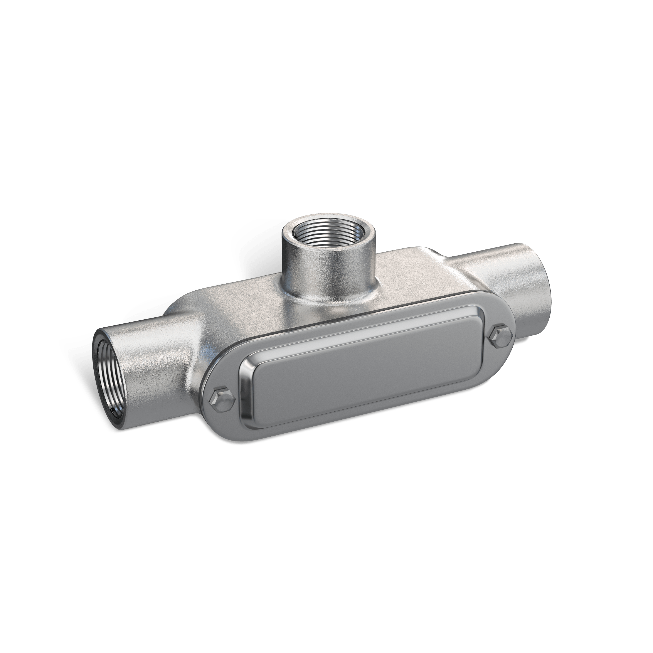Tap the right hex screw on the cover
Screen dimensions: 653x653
point(500,337)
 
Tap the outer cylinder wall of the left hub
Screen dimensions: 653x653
point(152,362)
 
